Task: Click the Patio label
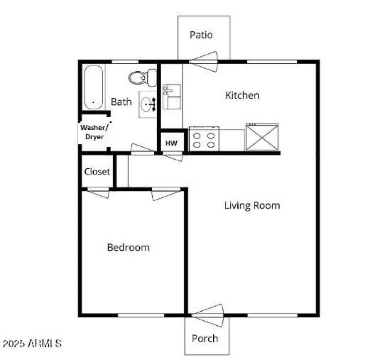pyautogui.click(x=201, y=35)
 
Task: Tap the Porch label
pyautogui.click(x=205, y=338)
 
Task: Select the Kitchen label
pyautogui.click(x=242, y=95)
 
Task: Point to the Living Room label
pyautogui.click(x=252, y=205)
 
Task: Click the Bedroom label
pyautogui.click(x=128, y=247)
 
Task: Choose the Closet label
pyautogui.click(x=97, y=171)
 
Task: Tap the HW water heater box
pyautogui.click(x=172, y=143)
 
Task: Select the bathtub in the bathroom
pyautogui.click(x=93, y=87)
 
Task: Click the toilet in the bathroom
pyautogui.click(x=143, y=77)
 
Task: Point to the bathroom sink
pyautogui.click(x=148, y=105)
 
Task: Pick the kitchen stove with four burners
pyautogui.click(x=204, y=139)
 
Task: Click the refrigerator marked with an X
pyautogui.click(x=262, y=137)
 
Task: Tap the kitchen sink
pyautogui.click(x=171, y=97)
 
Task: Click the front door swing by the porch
pyautogui.click(x=208, y=314)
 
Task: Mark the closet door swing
pyautogui.click(x=98, y=192)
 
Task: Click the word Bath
pyautogui.click(x=121, y=101)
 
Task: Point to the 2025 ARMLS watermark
pyautogui.click(x=32, y=343)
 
